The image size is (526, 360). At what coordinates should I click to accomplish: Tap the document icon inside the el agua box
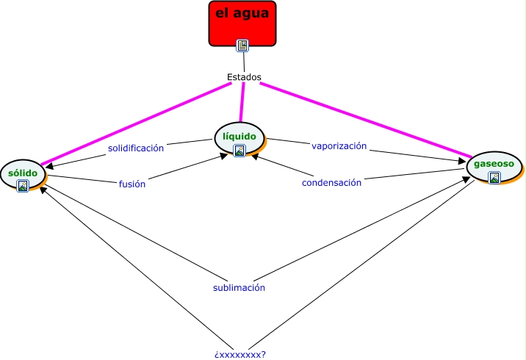pyautogui.click(x=242, y=46)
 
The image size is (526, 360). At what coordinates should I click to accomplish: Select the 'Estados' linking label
pyautogui.click(x=244, y=77)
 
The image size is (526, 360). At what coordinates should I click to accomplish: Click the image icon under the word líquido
pyautogui.click(x=239, y=151)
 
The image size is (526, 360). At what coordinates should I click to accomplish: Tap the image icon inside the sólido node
pyautogui.click(x=23, y=186)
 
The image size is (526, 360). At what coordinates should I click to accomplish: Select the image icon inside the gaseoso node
pyautogui.click(x=494, y=177)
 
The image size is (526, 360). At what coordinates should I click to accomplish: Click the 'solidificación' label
pyautogui.click(x=136, y=148)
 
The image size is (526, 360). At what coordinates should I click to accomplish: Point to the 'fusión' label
pyautogui.click(x=132, y=184)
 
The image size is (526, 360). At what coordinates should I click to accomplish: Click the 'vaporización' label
pyautogui.click(x=339, y=145)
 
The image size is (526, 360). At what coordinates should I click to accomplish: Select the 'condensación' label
pyautogui.click(x=331, y=182)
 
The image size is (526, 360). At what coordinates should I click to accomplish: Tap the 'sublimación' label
pyautogui.click(x=239, y=287)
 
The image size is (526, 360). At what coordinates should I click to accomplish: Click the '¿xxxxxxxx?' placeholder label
pyautogui.click(x=240, y=354)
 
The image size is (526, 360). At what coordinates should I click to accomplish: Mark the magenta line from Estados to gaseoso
pyautogui.click(x=367, y=120)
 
